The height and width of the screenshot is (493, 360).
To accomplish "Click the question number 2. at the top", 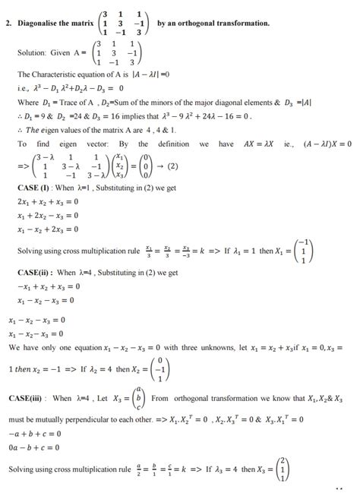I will (x=8, y=24).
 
